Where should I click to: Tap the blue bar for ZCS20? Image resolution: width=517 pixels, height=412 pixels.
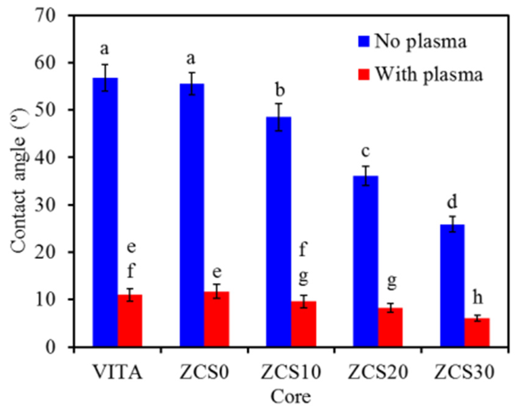[x=365, y=261]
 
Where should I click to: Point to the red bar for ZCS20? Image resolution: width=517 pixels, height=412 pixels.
[x=390, y=327]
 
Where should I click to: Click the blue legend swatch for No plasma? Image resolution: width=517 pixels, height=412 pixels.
[x=363, y=41]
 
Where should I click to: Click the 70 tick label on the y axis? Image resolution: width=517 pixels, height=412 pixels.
[x=45, y=15]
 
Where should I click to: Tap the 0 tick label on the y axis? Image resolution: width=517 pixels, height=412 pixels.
[x=50, y=347]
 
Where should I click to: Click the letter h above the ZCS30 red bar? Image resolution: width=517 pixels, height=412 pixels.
[x=477, y=298]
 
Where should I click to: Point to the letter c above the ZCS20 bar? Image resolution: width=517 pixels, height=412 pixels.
[x=365, y=151]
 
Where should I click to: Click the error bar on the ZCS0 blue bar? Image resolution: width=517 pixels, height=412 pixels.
[x=192, y=84]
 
